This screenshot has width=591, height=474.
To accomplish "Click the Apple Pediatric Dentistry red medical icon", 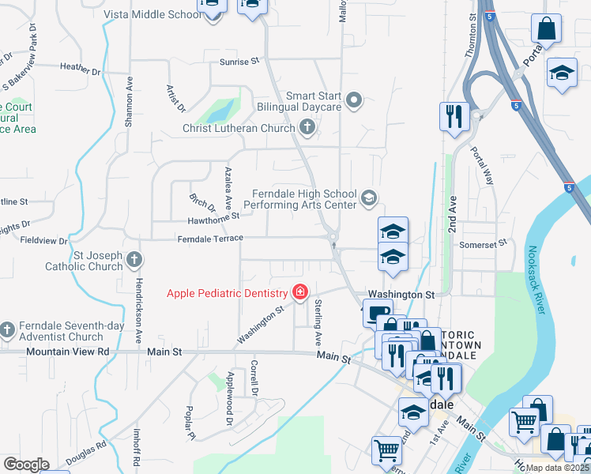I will click(299, 293).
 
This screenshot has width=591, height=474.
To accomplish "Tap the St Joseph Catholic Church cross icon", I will click(135, 259).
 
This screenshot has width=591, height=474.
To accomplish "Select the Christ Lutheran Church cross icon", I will click(307, 127).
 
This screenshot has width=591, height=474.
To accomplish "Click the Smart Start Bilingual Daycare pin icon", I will click(354, 100).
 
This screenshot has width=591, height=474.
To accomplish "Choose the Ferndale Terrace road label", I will click(210, 239).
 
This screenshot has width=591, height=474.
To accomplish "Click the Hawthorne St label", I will click(213, 218).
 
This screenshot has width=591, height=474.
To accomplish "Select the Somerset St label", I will click(483, 245).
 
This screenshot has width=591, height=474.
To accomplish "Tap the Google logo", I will click(26, 465).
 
